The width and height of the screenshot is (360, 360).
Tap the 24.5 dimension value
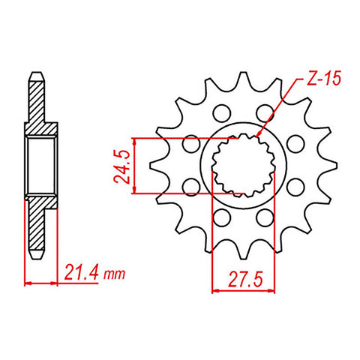[x=118, y=166]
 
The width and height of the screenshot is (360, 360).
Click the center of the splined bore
[x=243, y=166]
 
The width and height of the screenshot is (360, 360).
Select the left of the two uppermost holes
[x=220, y=113]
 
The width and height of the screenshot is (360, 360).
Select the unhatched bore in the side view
[x=41, y=166]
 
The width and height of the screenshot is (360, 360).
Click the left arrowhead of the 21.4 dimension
[x=28, y=283]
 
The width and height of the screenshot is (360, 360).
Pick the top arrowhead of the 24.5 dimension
[x=134, y=140]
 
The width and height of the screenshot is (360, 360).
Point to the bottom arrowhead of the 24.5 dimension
[x=134, y=193]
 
